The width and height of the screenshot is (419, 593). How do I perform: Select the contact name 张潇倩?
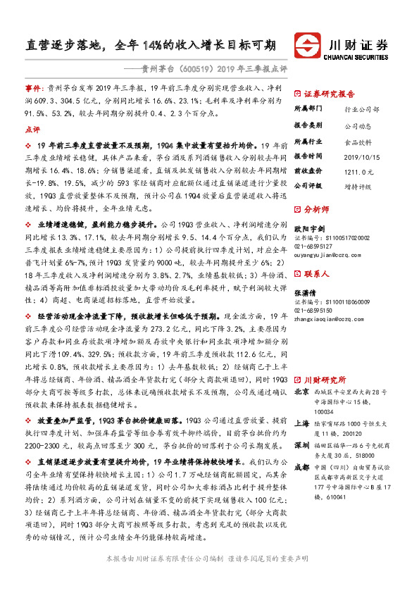pyautogui.click(x=304, y=294)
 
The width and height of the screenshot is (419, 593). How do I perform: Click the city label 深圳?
pyautogui.click(x=301, y=427)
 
